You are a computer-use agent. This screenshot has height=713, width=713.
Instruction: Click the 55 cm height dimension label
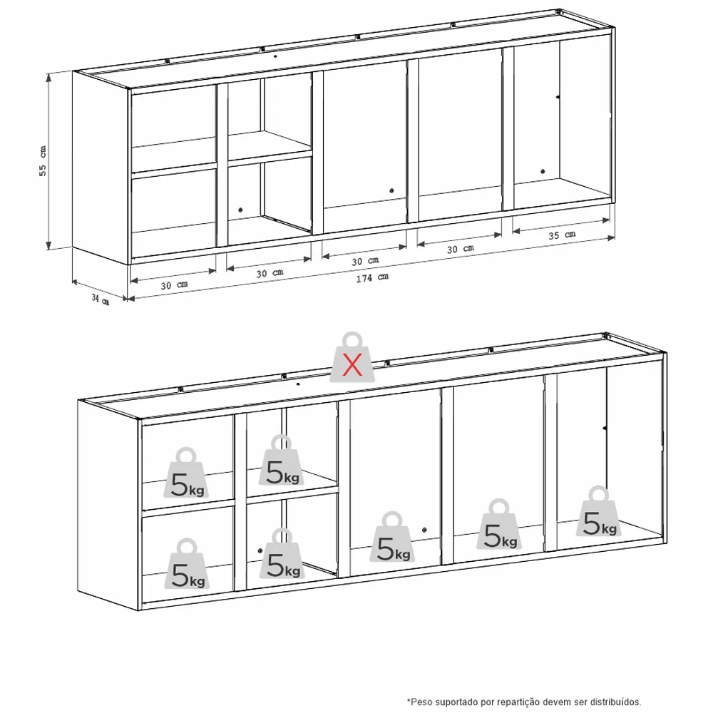(x=42, y=161)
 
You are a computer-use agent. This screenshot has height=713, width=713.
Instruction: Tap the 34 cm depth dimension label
(x=101, y=299)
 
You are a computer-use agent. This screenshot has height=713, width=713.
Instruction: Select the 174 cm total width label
(x=372, y=277)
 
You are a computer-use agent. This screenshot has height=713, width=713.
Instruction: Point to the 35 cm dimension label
(x=562, y=235)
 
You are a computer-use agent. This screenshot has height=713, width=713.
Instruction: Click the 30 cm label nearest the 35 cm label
(x=460, y=249)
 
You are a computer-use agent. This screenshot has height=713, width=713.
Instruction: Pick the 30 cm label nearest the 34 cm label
(x=174, y=285)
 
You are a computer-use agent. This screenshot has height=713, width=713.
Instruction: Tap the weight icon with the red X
(x=352, y=357)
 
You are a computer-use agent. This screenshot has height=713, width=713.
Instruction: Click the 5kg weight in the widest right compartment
(x=599, y=511)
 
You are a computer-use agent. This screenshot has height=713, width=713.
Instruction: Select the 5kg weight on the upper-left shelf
(x=186, y=473)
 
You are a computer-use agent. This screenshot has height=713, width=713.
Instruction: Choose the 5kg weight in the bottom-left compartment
(x=187, y=564)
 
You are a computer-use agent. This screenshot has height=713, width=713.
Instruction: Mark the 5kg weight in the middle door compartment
(x=392, y=537)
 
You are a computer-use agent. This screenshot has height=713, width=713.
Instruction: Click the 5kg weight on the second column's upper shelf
(x=282, y=460)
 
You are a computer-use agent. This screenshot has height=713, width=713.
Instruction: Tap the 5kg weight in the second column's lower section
(x=282, y=553)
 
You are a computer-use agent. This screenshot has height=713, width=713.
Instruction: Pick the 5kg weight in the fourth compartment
(x=499, y=524)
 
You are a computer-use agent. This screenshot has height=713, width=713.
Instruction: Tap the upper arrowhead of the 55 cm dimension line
(x=48, y=76)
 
